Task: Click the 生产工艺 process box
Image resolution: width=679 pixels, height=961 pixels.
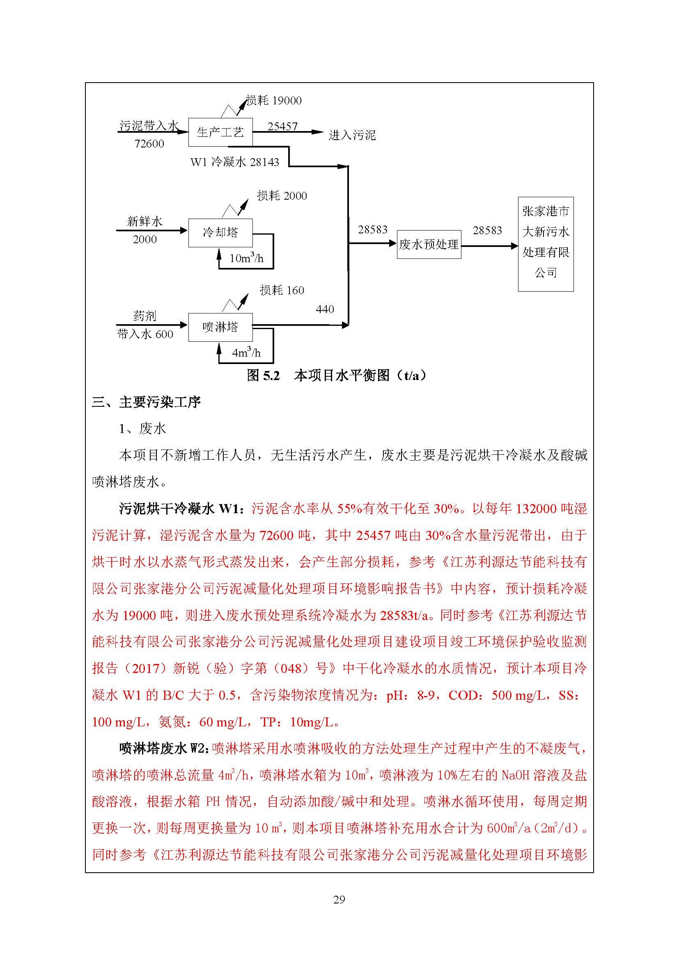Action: [220, 132]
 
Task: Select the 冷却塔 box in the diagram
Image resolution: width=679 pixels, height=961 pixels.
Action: [220, 232]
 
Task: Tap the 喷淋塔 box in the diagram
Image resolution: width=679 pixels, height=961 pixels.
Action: [220, 327]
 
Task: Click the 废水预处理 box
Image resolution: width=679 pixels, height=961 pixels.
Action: [429, 244]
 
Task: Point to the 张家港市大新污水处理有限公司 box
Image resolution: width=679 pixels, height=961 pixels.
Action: [546, 244]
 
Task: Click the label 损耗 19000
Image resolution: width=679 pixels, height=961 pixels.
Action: [273, 100]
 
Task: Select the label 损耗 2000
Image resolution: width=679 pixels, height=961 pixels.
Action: [282, 196]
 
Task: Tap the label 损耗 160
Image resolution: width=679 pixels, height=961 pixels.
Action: [282, 290]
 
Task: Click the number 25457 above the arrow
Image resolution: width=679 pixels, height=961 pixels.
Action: [282, 126]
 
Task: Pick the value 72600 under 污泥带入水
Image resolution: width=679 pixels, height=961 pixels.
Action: [149, 144]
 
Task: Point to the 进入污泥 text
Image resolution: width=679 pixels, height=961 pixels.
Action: [352, 135]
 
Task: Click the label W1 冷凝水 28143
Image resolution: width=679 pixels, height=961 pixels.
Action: [234, 162]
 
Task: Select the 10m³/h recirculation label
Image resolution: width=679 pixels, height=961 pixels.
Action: [246, 258]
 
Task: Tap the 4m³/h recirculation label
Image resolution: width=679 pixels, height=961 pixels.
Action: [246, 353]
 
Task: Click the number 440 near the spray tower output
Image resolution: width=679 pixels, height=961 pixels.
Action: [325, 309]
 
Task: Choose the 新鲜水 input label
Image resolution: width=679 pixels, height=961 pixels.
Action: [145, 221]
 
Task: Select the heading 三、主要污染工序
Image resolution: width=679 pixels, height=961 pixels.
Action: [147, 402]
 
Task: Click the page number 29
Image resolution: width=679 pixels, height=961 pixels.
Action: [339, 899]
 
